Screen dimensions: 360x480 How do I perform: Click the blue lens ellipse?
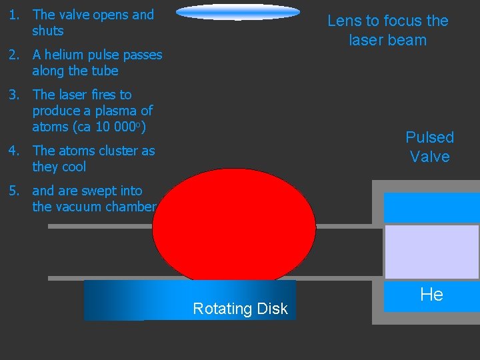pos(238,11)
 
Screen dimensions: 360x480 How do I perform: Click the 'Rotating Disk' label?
pos(240,309)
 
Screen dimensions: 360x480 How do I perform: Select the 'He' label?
pos(431,295)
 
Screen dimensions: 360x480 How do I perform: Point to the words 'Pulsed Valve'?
pos(429,147)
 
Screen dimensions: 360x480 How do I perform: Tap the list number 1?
pos(14,15)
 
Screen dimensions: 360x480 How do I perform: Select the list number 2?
pos(14,55)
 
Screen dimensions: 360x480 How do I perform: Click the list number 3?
pos(14,95)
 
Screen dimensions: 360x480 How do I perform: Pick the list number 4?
pos(14,151)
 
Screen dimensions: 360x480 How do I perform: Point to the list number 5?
pos(14,191)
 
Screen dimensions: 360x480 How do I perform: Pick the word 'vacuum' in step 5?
pos(79,207)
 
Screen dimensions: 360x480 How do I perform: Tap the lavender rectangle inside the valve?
pos(431,251)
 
